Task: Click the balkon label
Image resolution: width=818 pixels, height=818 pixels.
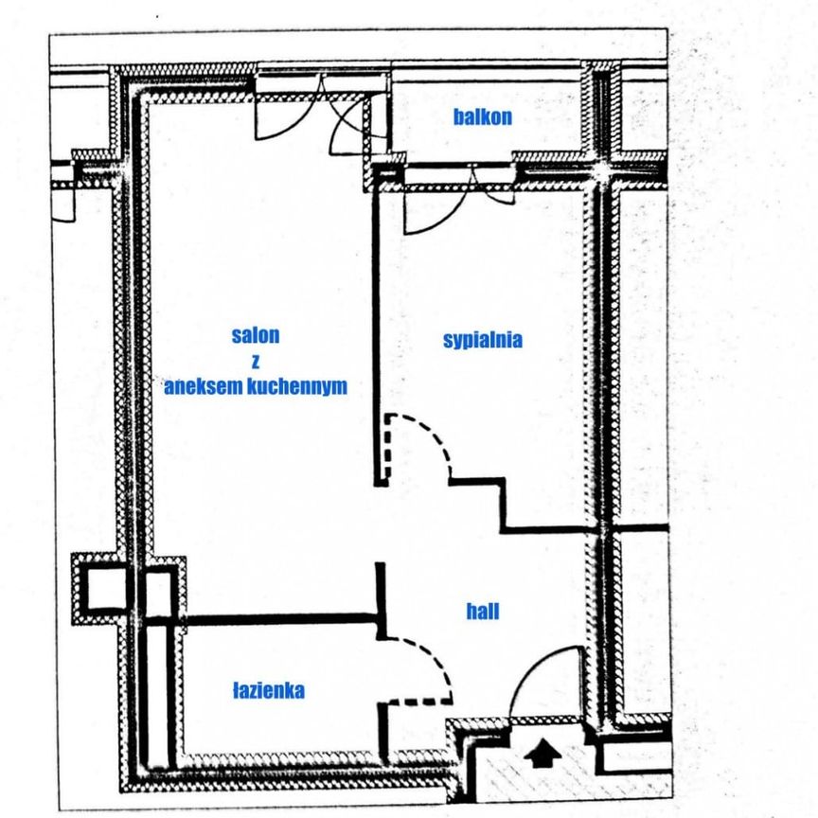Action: coord(483,117)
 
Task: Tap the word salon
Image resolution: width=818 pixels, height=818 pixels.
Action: coord(256,335)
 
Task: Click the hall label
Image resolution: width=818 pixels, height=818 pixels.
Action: coord(482,612)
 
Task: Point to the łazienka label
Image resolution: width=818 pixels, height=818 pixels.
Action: coord(269,691)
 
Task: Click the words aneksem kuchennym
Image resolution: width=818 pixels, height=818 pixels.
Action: coord(256,386)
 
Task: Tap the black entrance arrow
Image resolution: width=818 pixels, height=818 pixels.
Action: coord(542,754)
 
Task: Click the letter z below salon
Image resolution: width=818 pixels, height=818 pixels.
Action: coord(256,361)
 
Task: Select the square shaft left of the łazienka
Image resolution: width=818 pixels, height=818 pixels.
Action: coord(102,590)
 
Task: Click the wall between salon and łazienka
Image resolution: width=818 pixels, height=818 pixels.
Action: coord(284,620)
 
